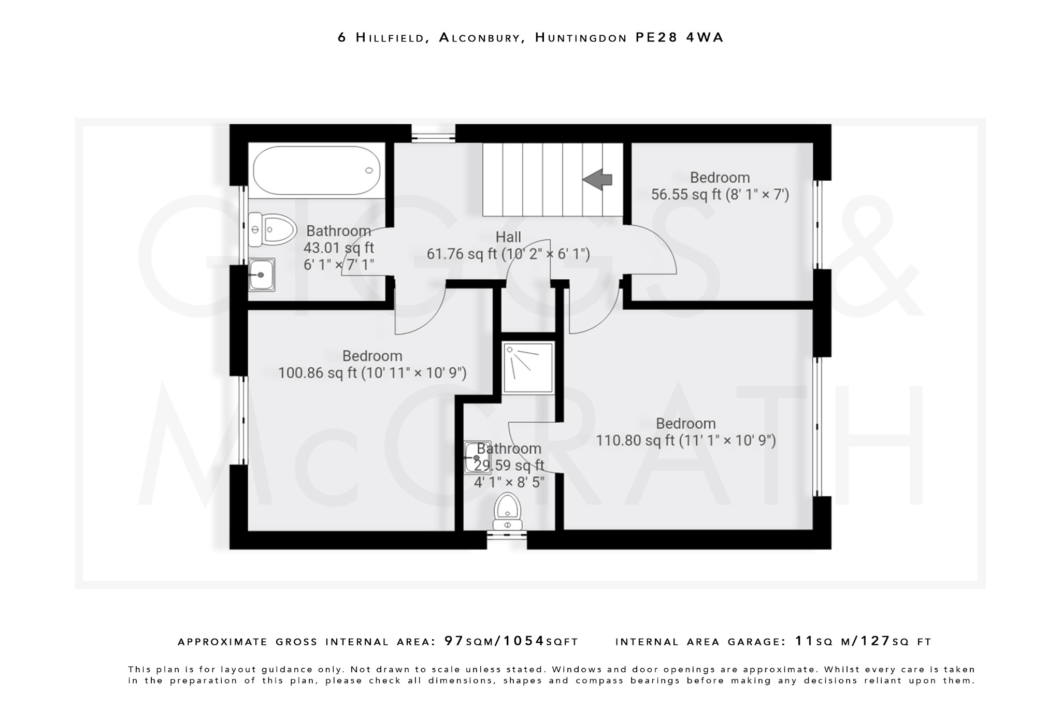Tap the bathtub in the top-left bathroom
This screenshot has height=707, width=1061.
click(317, 170)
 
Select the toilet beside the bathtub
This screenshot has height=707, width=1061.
click(272, 229)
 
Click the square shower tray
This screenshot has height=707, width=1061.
click(528, 367)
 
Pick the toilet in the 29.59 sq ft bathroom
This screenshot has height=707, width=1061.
click(507, 512)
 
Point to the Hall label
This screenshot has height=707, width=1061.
click(508, 237)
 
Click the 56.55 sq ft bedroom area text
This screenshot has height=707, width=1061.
click(720, 195)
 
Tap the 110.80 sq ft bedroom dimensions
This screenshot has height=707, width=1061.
click(685, 441)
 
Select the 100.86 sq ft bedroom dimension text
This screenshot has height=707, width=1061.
click(372, 373)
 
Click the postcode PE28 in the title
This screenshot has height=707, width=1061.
click(657, 37)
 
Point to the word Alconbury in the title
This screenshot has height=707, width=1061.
click(479, 37)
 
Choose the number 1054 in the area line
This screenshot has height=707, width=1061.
click(524, 641)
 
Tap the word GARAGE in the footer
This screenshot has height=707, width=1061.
click(757, 642)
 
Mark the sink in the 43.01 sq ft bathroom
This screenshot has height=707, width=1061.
click(262, 275)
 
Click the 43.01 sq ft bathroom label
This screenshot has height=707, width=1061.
click(338, 231)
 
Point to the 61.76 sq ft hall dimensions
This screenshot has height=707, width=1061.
click(508, 254)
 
